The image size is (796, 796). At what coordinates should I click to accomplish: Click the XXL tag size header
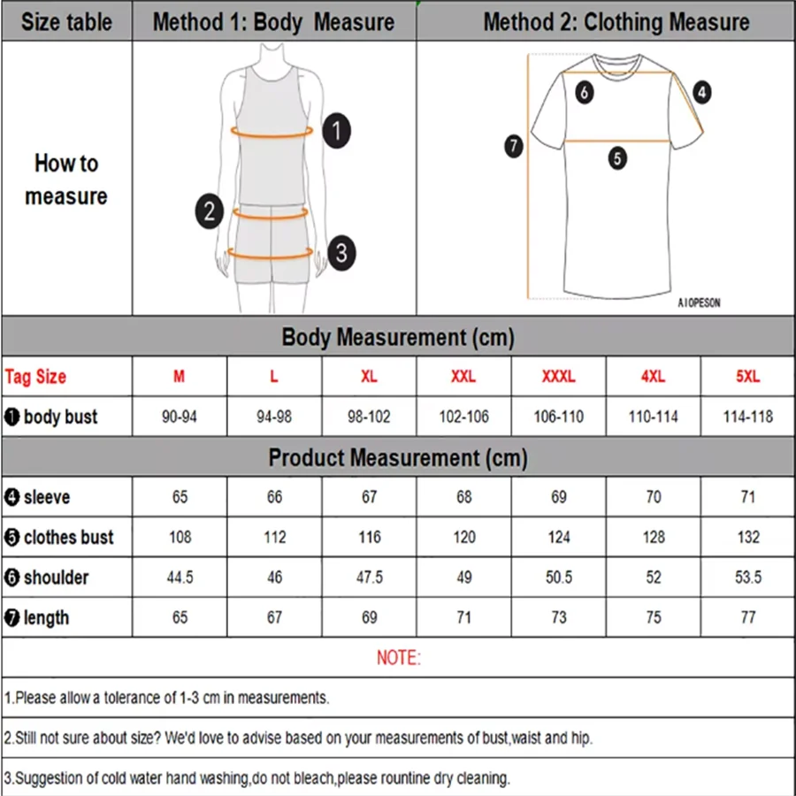point(463,377)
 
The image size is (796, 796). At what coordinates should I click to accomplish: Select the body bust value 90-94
point(180,417)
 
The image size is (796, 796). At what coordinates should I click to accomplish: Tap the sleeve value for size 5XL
point(748,497)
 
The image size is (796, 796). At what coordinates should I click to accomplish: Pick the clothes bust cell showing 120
point(463,537)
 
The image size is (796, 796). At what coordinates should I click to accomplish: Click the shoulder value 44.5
point(180,578)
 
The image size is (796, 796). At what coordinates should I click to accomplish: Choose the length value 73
point(559,617)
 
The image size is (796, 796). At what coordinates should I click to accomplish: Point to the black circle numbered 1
point(336,132)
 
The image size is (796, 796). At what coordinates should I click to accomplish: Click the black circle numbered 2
point(209,212)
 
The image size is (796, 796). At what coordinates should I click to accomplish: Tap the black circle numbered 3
point(341,254)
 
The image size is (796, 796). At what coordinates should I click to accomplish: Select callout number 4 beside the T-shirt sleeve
point(701,91)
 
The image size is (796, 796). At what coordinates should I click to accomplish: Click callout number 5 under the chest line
point(617,159)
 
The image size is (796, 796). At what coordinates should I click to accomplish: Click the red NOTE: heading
point(399,658)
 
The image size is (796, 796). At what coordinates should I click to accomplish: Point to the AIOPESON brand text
point(699,302)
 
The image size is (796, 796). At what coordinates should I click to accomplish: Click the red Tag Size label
point(35,377)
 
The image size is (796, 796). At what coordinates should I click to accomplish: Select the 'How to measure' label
point(66,180)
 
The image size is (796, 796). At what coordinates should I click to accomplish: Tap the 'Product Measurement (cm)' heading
point(398,458)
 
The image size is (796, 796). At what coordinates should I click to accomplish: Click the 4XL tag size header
point(653,377)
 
